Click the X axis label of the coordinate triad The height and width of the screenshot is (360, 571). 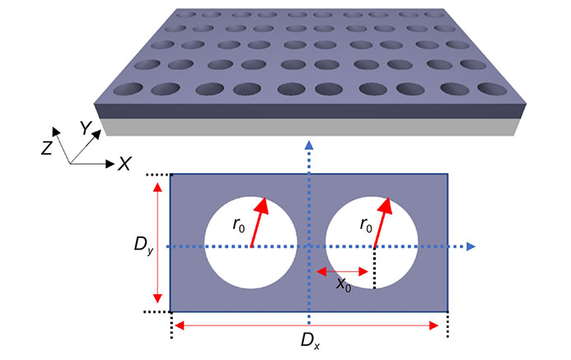pyautogui.click(x=124, y=163)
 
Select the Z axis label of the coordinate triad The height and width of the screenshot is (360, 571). pyautogui.click(x=49, y=147)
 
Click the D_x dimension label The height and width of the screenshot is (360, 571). pyautogui.click(x=308, y=340)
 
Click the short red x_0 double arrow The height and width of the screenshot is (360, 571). pyautogui.click(x=342, y=270)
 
